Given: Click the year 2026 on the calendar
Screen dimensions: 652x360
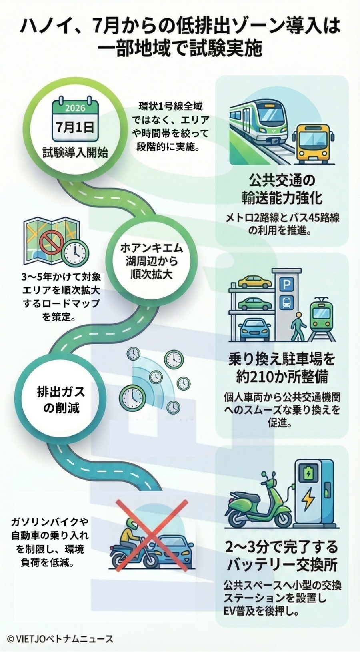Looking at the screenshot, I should [75, 108].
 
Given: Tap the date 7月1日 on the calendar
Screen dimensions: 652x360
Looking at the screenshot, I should [75, 128].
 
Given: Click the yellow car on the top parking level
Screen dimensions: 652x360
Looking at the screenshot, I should [254, 281].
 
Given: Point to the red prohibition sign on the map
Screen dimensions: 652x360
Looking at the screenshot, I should [49, 241].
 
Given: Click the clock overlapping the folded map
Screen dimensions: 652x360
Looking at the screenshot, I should [75, 252].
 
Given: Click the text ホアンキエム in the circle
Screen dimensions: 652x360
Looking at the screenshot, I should [152, 248].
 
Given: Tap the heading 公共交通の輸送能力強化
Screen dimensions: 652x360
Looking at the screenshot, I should [282, 188].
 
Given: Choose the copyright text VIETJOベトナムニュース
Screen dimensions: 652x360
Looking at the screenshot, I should [60, 639].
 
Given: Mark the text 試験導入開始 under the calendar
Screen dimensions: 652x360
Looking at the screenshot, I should [75, 152].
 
